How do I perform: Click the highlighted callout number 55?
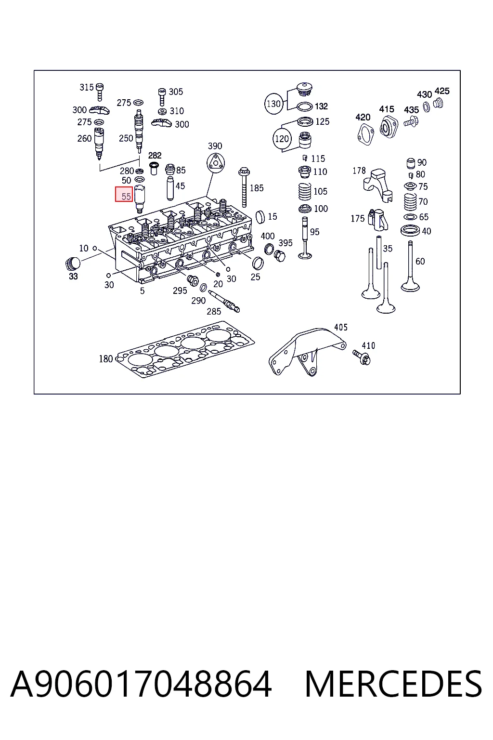(124, 194)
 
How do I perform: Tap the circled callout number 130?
(273, 104)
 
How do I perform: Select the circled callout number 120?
(282, 138)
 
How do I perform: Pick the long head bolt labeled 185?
(244, 187)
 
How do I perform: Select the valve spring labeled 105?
(305, 191)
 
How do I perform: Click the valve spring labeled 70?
(411, 201)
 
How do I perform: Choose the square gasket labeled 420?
(365, 134)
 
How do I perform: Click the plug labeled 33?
(73, 264)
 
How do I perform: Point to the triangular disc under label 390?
(216, 163)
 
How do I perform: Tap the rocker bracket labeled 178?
(378, 185)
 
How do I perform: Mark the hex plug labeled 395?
(280, 256)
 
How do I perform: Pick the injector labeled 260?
(99, 144)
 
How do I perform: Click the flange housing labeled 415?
(388, 127)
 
